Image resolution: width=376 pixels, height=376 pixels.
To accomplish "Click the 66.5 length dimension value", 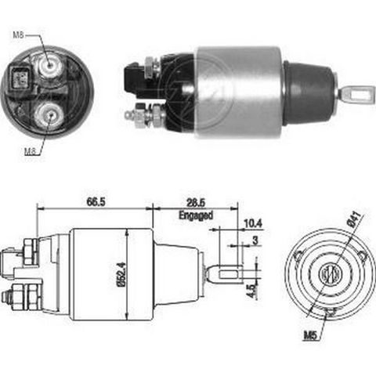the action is tap(96, 202).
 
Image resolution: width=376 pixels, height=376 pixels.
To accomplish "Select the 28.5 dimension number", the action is tap(196, 203).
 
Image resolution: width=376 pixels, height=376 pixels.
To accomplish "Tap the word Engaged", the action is tap(196, 215).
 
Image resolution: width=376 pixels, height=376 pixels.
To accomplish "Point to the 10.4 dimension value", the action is tap(253, 224).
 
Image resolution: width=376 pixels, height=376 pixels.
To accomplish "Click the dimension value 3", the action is tap(255, 240).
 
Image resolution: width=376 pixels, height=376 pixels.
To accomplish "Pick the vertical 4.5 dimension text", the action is tap(251, 291).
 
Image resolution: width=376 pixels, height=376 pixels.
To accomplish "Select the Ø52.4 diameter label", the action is tap(122, 273).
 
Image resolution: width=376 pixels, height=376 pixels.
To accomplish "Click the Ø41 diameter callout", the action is tap(356, 219).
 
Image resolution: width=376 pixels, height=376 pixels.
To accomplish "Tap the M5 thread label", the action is tap(310, 335).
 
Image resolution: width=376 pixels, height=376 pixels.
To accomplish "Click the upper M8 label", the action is tap(19, 34).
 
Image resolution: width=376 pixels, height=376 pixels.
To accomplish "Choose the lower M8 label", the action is tap(30, 151).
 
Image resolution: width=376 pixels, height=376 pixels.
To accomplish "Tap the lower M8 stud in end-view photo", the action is tap(49, 115).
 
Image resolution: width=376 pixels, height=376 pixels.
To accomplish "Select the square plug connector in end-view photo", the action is tap(20, 77).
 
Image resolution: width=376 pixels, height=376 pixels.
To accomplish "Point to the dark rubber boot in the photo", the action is tap(309, 93).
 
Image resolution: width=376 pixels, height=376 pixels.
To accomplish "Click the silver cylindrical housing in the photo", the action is tap(239, 92).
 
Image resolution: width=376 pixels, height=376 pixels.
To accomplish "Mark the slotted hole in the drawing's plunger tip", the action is tap(230, 275).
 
